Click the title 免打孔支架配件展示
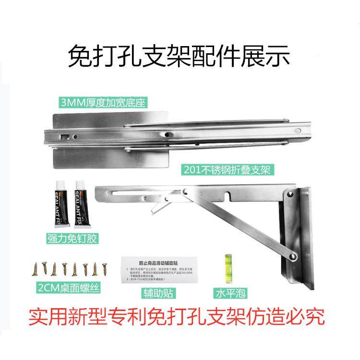[x=180, y=57]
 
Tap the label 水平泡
[x=227, y=292]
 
